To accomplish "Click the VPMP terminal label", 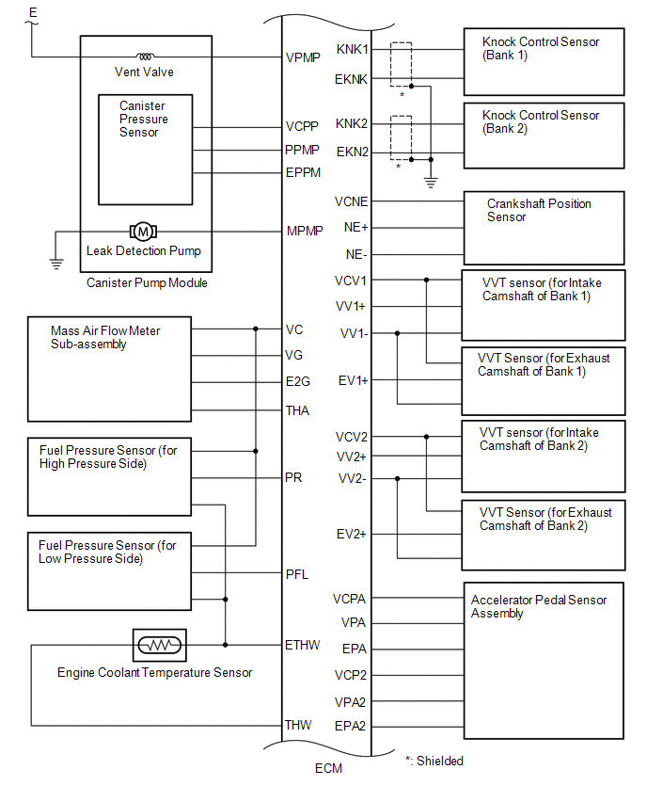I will tap(303, 57).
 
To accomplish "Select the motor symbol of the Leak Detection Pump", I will tap(144, 231).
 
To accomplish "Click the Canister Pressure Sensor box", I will tap(145, 149).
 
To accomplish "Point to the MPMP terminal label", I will tap(304, 231).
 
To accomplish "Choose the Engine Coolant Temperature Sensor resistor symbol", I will tap(160, 645).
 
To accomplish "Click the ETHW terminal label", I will tap(303, 645).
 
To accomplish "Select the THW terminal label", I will tap(299, 725).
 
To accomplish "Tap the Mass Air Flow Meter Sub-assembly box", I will tap(108, 369).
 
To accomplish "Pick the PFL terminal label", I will tap(297, 573).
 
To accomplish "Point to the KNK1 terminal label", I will tap(353, 49).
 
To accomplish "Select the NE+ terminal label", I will tap(356, 227).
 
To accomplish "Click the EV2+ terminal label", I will tap(353, 534).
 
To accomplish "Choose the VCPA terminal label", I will tap(350, 599).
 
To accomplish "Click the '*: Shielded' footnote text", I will tap(434, 761).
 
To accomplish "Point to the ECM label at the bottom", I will tap(328, 768).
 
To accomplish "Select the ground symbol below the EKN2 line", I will tap(431, 182).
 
